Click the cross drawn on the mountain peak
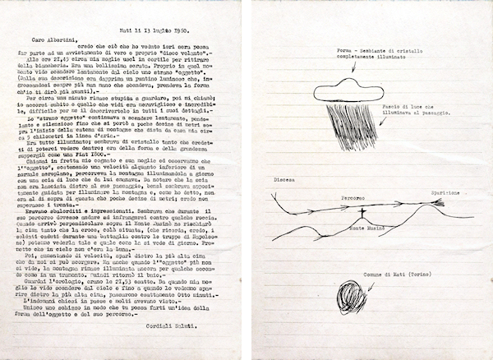click(x=360, y=213)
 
